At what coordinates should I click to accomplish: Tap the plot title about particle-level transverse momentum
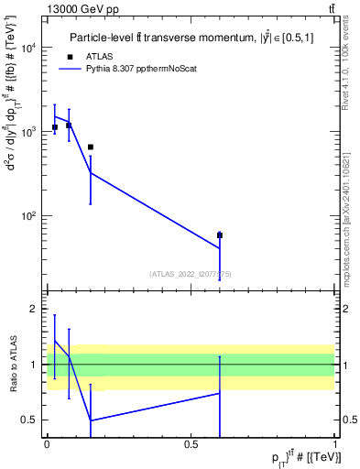(189, 38)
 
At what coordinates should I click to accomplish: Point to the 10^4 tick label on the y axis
(28, 48)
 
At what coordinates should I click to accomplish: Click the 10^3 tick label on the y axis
(28, 132)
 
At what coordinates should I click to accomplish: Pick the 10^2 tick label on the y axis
(28, 216)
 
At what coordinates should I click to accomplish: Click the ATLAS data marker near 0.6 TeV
(220, 235)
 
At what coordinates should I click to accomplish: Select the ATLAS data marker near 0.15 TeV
(91, 147)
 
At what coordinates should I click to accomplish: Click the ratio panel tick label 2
(35, 310)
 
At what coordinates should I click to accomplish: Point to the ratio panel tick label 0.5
(31, 420)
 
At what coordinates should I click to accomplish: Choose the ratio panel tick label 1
(35, 365)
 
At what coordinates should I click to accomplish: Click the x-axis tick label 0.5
(191, 443)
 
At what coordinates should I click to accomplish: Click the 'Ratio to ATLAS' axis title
(11, 365)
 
